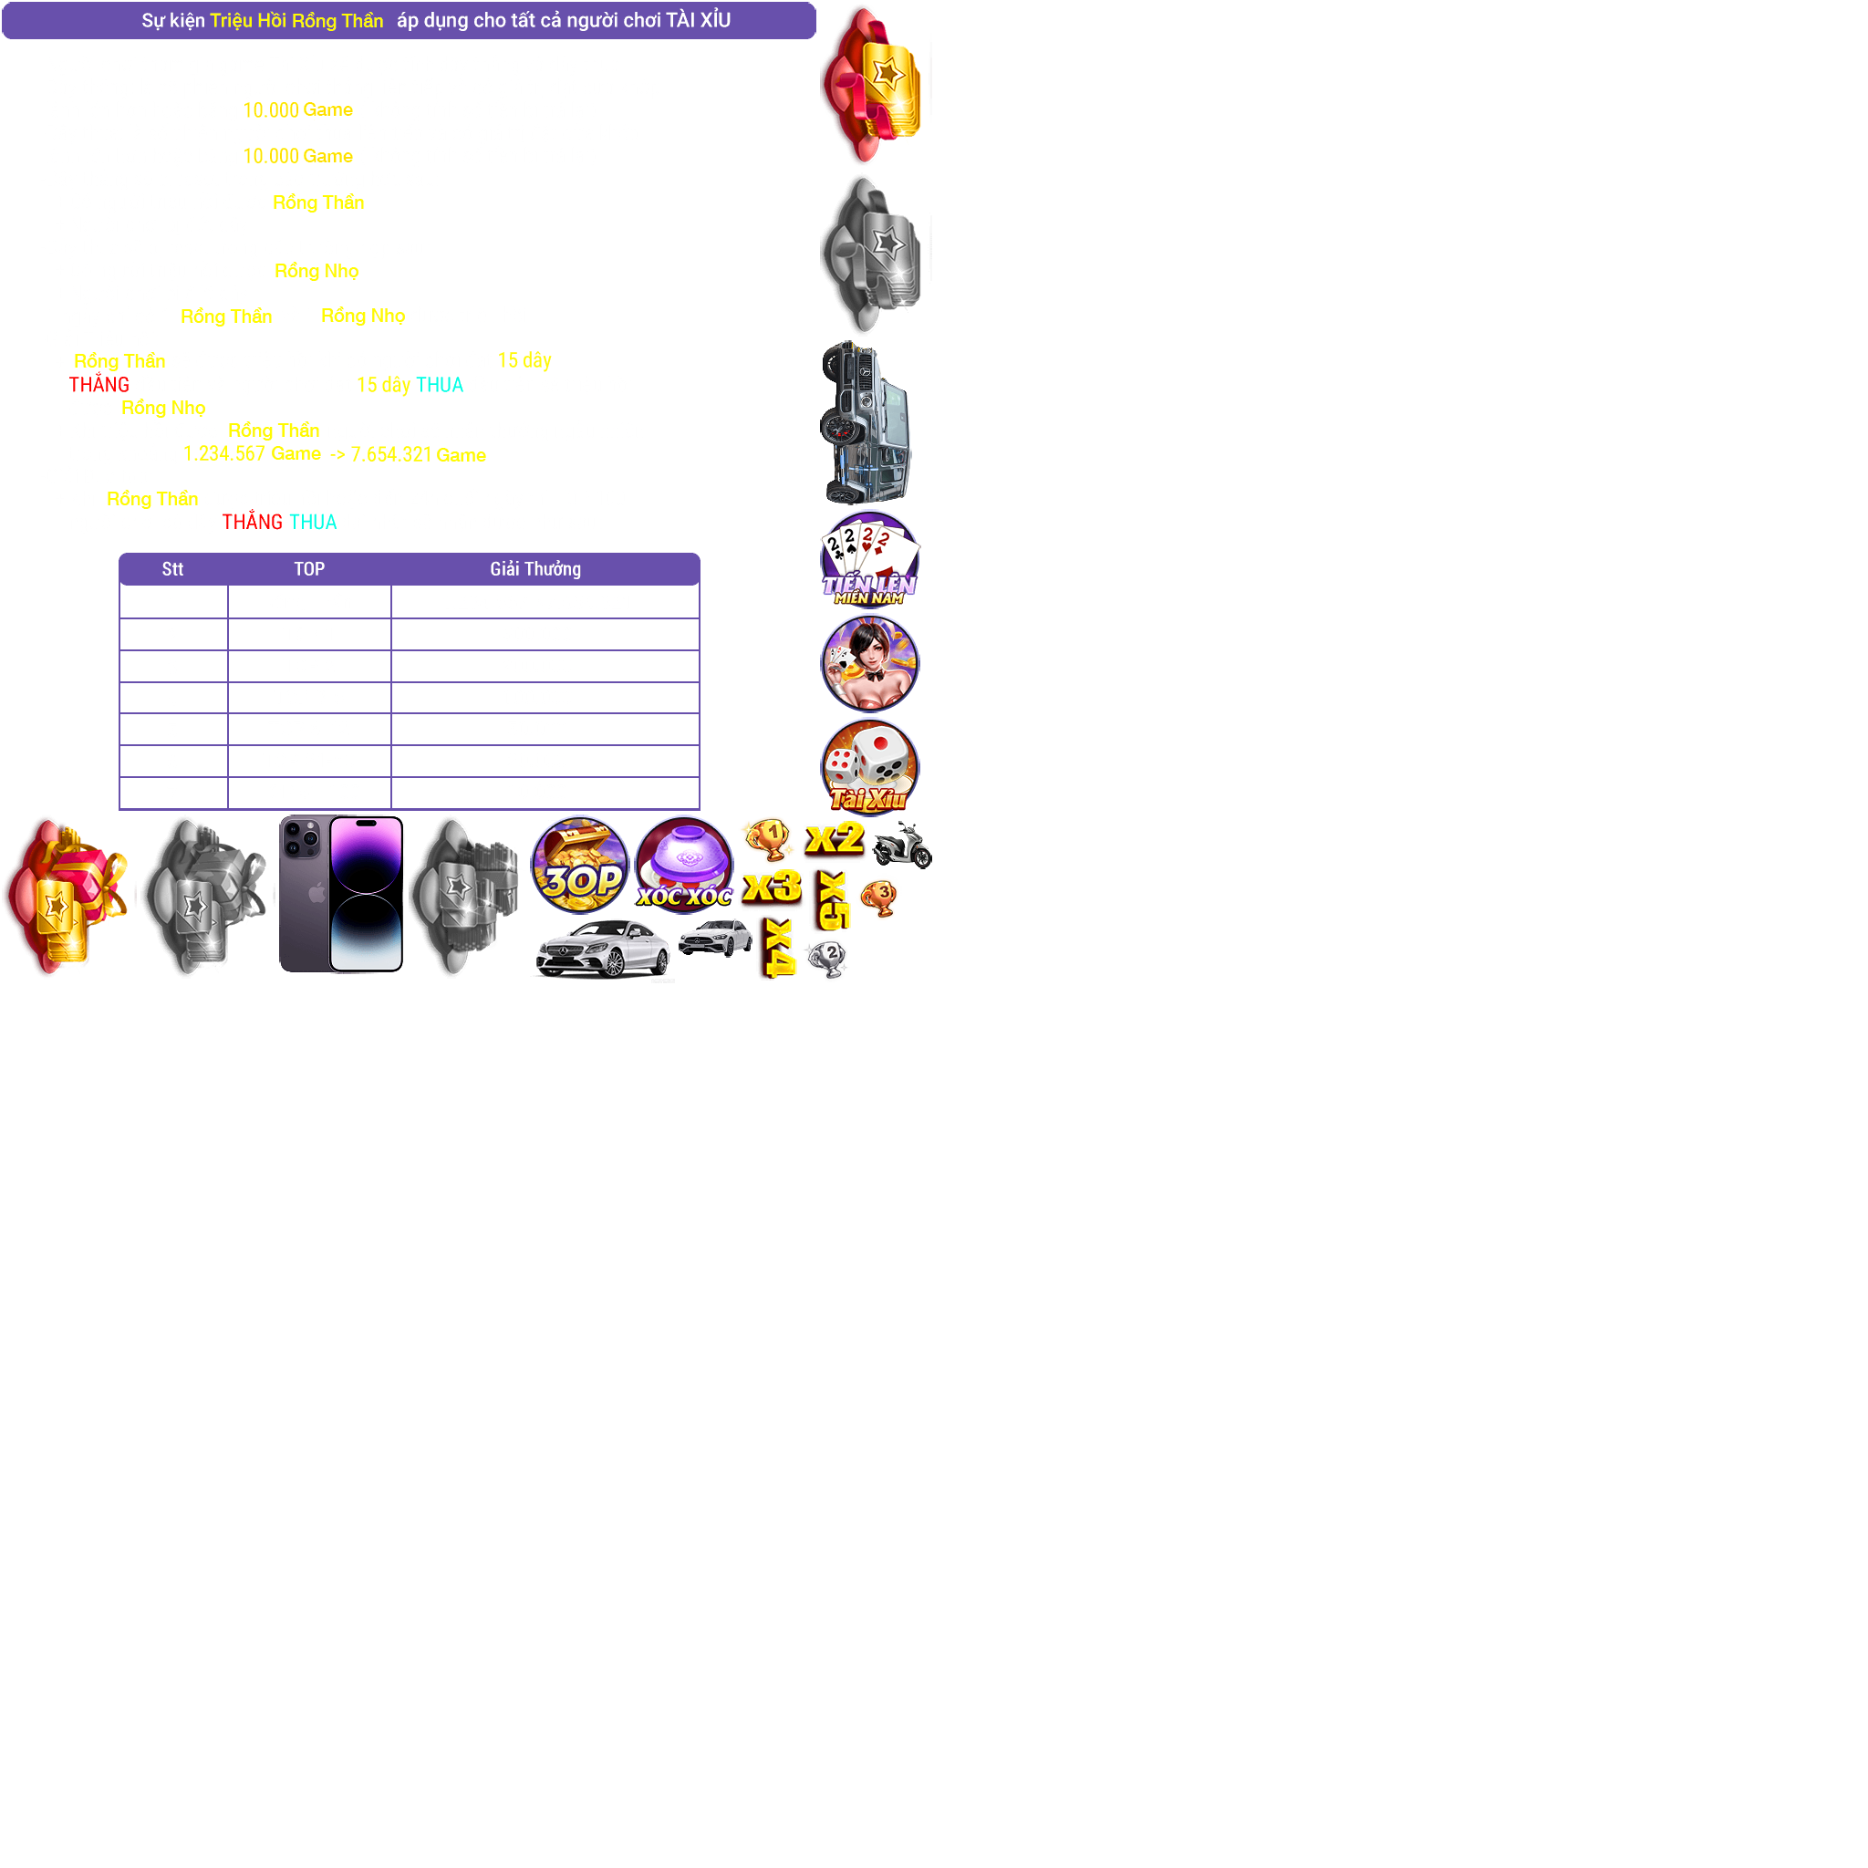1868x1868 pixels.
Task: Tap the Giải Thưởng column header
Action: click(534, 568)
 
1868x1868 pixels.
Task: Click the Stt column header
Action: click(172, 568)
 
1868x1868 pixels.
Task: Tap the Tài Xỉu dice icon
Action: click(869, 767)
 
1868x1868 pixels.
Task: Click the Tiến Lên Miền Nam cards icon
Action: click(869, 558)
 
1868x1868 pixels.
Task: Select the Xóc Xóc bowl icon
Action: click(683, 864)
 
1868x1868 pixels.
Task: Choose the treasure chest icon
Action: click(579, 864)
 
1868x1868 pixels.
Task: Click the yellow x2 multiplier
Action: click(835, 837)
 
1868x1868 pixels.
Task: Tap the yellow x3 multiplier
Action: click(772, 886)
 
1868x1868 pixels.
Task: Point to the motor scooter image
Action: click(901, 844)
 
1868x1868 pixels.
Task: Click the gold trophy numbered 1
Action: click(768, 837)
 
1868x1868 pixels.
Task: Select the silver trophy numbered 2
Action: click(826, 959)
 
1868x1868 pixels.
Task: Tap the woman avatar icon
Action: click(869, 662)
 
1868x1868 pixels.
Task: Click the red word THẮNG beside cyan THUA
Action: click(252, 522)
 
